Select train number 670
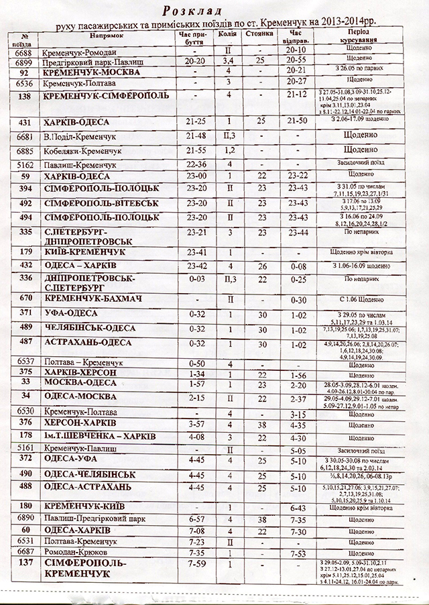(25, 298)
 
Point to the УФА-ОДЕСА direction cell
(70, 313)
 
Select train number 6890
(25, 519)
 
